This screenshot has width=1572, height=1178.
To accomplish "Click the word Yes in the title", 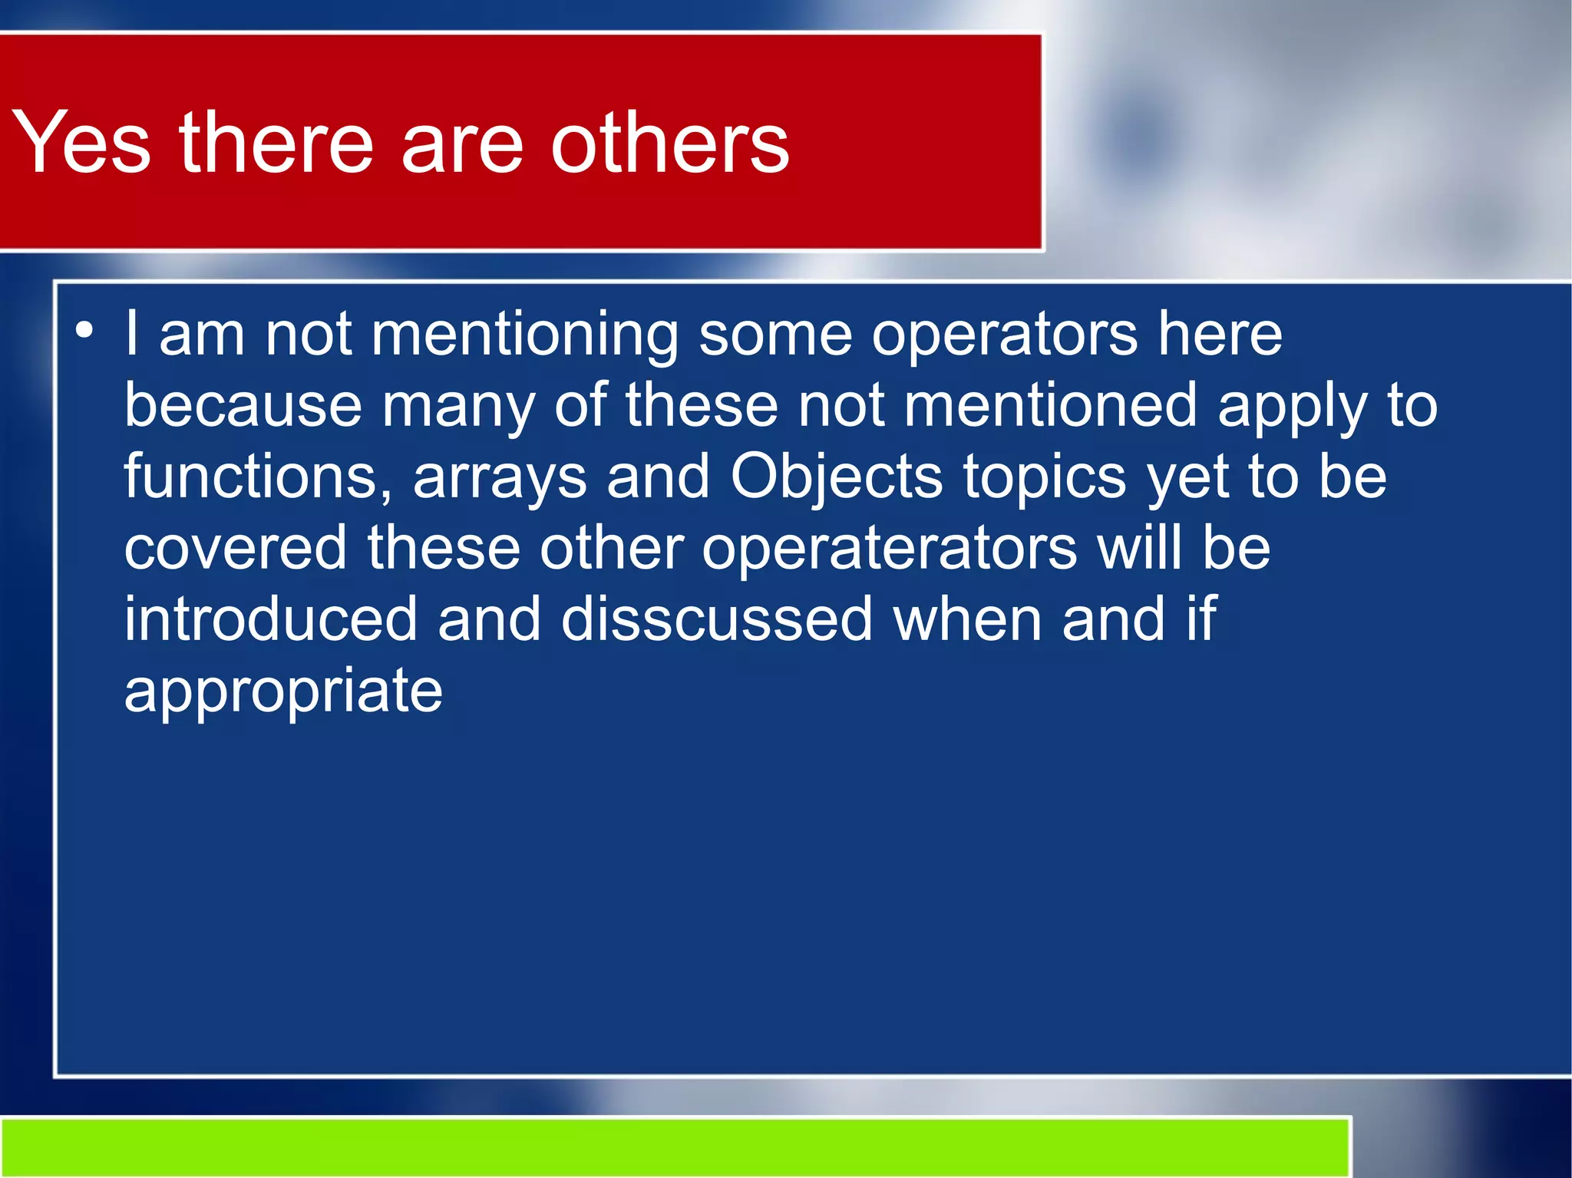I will point(81,142).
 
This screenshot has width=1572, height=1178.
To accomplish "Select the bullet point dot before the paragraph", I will point(84,331).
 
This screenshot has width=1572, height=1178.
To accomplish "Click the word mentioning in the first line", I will point(524,335).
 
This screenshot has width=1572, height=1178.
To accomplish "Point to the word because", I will point(243,405).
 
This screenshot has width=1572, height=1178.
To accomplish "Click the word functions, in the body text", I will point(259,477).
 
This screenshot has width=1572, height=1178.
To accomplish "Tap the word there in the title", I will point(276,142).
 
